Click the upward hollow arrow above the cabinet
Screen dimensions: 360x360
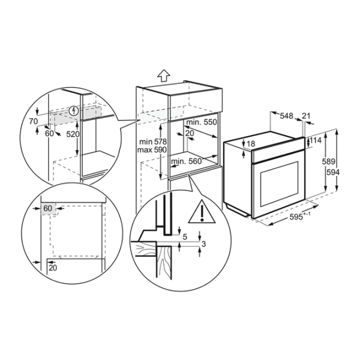[164, 76]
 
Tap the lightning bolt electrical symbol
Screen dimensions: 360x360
[74, 111]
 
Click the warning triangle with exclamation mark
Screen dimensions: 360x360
[202, 212]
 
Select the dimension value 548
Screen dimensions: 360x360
[287, 116]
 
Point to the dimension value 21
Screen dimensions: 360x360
[306, 116]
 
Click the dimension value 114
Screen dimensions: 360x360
[316, 140]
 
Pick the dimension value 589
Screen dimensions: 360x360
[329, 161]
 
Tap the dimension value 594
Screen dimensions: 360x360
[333, 172]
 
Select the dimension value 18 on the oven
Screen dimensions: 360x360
[251, 144]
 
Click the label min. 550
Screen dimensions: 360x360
[202, 122]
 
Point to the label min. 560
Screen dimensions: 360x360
[186, 161]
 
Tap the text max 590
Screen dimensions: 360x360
[152, 150]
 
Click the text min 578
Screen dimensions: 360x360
[153, 142]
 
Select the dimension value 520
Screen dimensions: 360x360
[73, 134]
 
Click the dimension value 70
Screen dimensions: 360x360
[33, 121]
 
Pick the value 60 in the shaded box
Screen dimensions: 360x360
[48, 208]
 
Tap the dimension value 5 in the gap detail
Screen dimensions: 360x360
[185, 237]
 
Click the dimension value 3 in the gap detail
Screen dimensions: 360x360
[203, 244]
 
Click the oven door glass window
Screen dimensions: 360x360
[279, 184]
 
